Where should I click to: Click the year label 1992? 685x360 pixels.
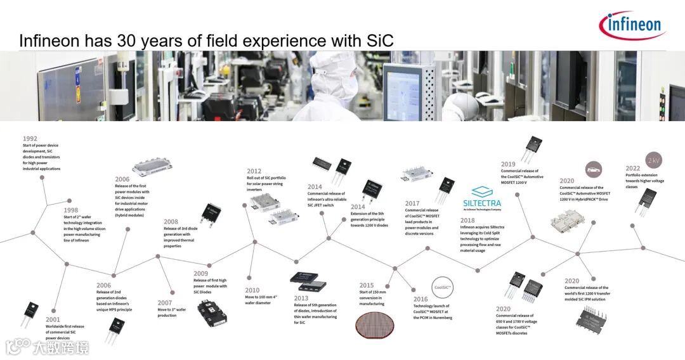pos(30,138)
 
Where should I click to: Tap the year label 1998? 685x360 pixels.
pos(71,210)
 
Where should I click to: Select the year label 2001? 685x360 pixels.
pos(53,320)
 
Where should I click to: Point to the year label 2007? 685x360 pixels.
pos(165,303)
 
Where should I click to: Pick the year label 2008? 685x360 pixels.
pos(171,222)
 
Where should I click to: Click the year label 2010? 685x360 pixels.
pos(252,290)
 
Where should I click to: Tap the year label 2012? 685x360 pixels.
pos(254,171)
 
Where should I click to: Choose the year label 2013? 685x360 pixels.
pos(301,298)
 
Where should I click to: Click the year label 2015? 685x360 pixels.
pos(367,285)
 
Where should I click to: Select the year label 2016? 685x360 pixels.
pos(421,299)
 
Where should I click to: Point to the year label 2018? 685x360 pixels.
pos(467,221)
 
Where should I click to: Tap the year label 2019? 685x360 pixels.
pos(508,164)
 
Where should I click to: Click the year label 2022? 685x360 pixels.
pos(632,169)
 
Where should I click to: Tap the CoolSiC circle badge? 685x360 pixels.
pos(442,286)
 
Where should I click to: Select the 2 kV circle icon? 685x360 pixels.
pos(653,159)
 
